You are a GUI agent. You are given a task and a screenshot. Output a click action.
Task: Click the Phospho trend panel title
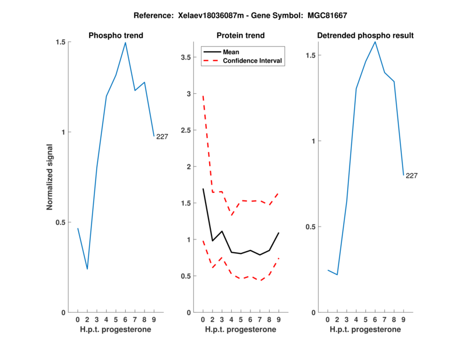click(115, 36)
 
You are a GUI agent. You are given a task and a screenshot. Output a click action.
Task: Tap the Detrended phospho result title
click(365, 36)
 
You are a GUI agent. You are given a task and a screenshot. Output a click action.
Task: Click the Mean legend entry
click(231, 52)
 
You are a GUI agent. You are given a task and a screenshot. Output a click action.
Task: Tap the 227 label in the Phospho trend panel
click(163, 136)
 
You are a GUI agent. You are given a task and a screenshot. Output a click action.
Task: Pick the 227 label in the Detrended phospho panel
click(412, 175)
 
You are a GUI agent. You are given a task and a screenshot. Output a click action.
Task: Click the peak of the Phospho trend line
click(125, 43)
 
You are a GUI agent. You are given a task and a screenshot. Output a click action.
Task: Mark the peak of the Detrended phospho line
click(375, 41)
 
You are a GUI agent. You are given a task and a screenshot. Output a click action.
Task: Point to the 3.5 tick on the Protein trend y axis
click(187, 57)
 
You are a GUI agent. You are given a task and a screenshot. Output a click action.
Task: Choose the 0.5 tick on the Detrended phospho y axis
click(309, 227)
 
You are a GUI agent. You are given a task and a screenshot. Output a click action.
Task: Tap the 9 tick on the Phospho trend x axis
click(154, 319)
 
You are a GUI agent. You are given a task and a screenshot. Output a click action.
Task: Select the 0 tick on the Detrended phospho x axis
click(328, 319)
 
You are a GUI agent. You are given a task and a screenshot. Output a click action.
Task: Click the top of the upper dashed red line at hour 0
click(203, 96)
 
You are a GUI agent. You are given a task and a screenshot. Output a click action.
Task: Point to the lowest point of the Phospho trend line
click(87, 269)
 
